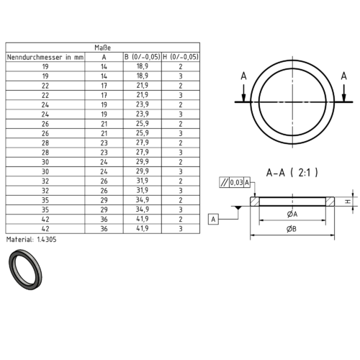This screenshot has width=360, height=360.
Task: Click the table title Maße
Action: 102,48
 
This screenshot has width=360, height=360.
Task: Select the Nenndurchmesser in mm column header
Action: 45,57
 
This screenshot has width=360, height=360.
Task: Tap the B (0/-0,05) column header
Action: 143,57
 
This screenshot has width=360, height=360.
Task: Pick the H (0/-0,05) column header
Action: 181,57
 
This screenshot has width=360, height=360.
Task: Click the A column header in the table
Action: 104,57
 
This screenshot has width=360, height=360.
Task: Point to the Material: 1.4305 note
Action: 31,239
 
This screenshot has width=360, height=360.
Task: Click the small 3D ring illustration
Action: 25,269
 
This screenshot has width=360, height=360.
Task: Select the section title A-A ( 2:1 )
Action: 292,173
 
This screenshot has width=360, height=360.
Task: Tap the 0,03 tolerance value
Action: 237,183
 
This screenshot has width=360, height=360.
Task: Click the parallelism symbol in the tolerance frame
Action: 225,183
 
